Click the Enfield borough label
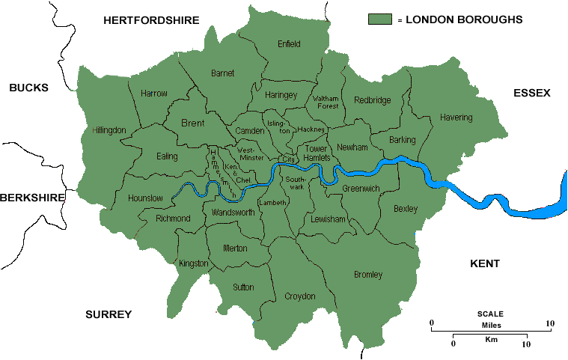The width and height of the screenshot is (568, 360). (x=289, y=44)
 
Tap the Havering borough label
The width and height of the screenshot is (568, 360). (x=456, y=118)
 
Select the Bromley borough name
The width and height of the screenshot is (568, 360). (x=367, y=275)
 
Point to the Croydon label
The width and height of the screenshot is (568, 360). (x=300, y=296)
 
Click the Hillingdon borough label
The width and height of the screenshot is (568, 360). (x=109, y=129)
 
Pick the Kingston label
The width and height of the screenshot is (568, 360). (x=195, y=263)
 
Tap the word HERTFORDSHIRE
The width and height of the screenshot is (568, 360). (x=151, y=20)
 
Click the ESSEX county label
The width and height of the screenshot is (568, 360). (x=532, y=93)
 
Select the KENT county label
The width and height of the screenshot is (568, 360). (x=484, y=263)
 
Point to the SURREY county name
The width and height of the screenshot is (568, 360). (x=109, y=314)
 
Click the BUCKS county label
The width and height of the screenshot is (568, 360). (x=28, y=88)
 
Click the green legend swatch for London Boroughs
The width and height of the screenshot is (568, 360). (x=380, y=19)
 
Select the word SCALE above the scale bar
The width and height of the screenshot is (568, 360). (x=490, y=314)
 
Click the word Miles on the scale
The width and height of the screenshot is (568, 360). (x=491, y=324)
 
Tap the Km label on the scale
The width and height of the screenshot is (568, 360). (x=492, y=339)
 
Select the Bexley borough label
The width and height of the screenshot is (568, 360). (x=406, y=209)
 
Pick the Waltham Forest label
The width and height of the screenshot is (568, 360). (x=326, y=102)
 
